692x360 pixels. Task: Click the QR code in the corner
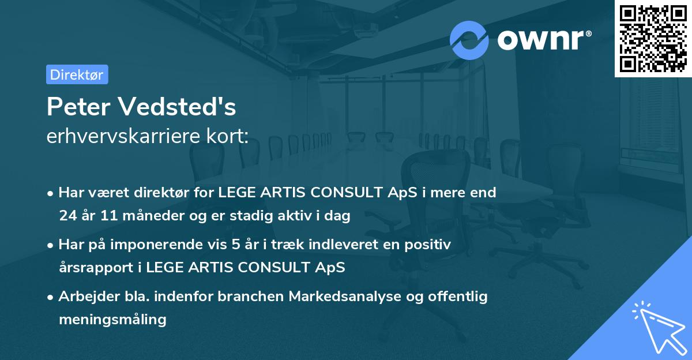[x=653, y=38]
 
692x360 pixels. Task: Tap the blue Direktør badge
[x=77, y=74]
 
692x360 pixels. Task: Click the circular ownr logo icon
[x=469, y=40]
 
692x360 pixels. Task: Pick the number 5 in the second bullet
[x=236, y=245]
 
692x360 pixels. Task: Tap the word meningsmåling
[x=112, y=319]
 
